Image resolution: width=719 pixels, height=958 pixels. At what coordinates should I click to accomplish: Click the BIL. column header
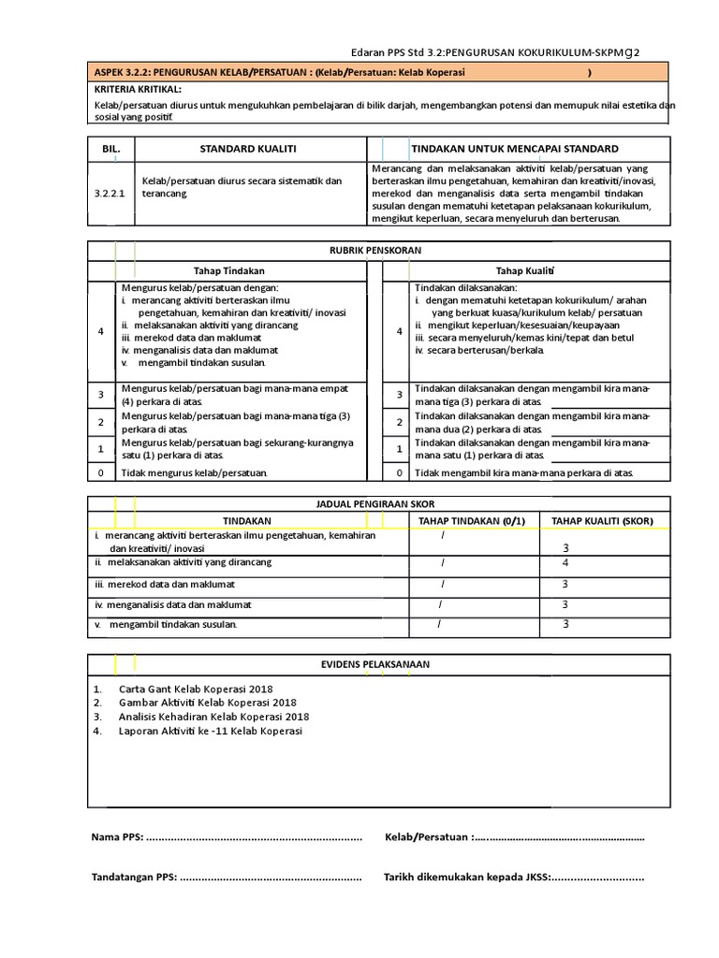coord(110,149)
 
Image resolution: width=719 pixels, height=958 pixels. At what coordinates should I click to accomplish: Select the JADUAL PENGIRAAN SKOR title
coord(378,505)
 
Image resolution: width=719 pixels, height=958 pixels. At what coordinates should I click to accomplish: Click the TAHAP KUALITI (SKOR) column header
coord(602,521)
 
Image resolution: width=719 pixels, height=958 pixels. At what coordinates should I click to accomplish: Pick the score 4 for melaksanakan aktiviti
coord(565,563)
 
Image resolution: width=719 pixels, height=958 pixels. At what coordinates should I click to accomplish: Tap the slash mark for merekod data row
coord(443,584)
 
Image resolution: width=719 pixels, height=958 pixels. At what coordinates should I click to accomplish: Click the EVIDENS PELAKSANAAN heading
coord(378,664)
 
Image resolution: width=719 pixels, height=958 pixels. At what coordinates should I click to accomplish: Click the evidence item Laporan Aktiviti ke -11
coord(210,732)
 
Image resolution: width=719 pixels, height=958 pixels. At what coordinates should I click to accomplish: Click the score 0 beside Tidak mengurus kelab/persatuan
coord(101,473)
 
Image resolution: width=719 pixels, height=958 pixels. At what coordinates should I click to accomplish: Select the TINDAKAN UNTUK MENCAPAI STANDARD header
coord(514,149)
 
